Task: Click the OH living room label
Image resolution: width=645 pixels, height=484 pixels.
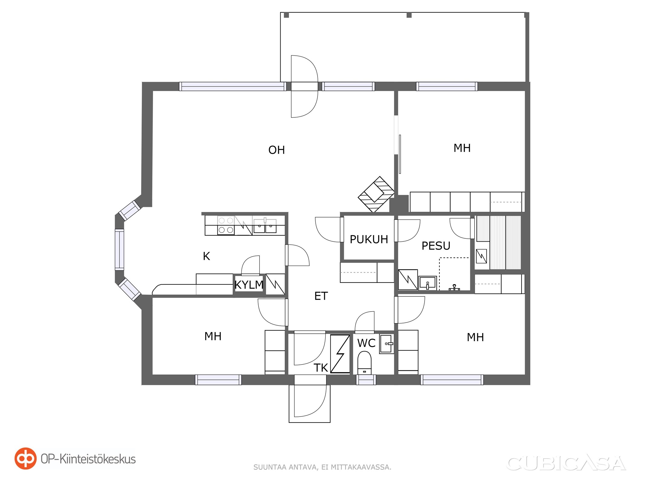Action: [x=276, y=150]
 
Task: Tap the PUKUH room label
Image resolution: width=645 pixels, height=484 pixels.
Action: [x=369, y=239]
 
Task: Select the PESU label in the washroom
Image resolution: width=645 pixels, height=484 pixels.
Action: [x=436, y=246]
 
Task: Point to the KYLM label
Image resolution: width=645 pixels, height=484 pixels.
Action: [x=249, y=285]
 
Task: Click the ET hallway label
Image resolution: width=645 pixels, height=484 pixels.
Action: [x=321, y=296]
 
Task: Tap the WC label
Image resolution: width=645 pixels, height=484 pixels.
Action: [x=366, y=343]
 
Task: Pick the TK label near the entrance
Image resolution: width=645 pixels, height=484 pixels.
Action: [x=321, y=368]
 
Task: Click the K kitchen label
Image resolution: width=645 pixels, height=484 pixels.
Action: [x=206, y=256]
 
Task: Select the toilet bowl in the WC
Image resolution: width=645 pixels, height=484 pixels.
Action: [x=364, y=362]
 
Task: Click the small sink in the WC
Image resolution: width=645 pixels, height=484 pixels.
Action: [x=386, y=344]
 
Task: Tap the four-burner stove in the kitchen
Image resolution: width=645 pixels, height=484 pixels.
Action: [x=226, y=225]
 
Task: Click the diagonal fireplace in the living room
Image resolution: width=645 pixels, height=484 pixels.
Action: [x=376, y=194]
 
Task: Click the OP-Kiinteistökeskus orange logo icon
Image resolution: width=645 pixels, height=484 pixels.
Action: [x=25, y=458]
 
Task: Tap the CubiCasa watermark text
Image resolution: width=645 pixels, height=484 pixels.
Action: [x=566, y=463]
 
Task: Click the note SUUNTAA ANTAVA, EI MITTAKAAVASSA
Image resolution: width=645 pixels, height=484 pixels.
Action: [x=322, y=467]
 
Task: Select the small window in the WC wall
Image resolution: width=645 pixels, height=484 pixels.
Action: [x=366, y=380]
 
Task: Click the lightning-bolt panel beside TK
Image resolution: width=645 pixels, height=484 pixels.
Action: [x=340, y=354]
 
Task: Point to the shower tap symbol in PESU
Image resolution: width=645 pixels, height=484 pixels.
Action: [x=454, y=287]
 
